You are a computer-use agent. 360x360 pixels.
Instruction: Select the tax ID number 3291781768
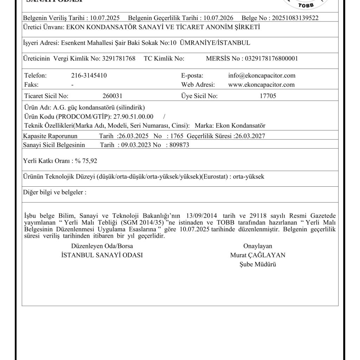coord(119,58)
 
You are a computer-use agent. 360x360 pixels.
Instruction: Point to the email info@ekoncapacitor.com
coord(262,76)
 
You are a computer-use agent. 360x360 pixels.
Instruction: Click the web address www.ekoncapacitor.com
coord(261,85)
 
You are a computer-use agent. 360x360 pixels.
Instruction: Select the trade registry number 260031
coord(112,96)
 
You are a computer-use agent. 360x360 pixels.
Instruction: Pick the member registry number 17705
coord(268,96)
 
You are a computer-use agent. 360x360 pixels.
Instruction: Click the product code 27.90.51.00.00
coord(133,116)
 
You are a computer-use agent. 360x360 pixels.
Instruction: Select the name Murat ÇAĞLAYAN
coord(258,255)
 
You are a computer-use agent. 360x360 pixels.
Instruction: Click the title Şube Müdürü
coord(257,264)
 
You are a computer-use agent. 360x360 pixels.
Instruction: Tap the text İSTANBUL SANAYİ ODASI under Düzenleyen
coord(102,255)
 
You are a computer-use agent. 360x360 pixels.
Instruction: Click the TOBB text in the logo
coord(306,5)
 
